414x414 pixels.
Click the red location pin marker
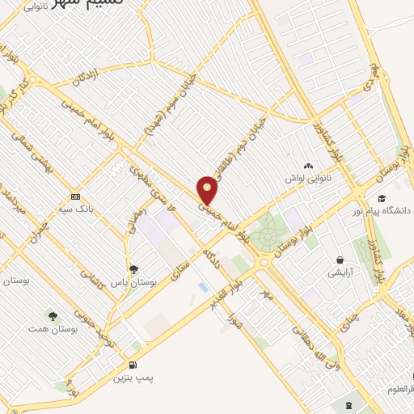[209, 189]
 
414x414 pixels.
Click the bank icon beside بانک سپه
[76, 196]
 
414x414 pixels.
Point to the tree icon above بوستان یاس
[133, 269]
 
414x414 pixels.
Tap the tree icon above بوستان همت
[53, 316]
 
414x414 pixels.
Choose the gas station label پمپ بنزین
[132, 378]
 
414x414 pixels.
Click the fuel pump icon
[133, 364]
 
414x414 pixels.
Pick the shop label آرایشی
[339, 273]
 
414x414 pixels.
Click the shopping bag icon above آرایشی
[340, 260]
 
